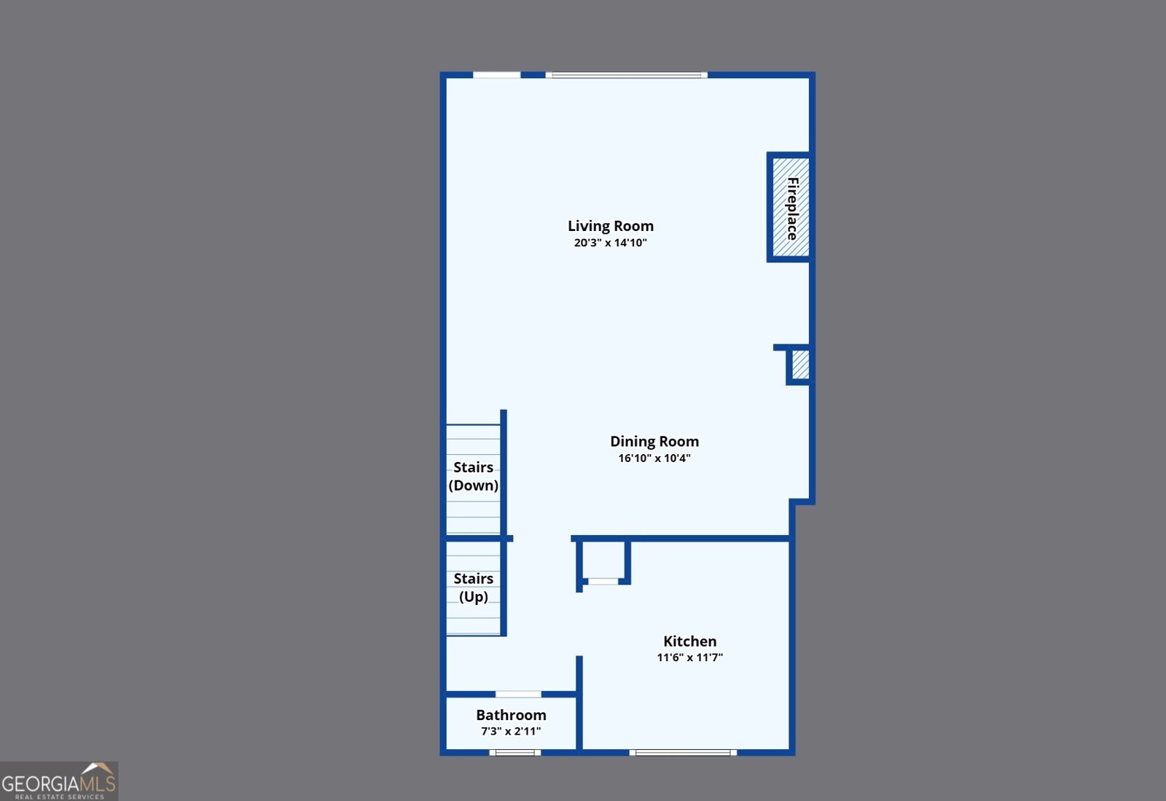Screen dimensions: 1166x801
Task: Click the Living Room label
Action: [x=610, y=226]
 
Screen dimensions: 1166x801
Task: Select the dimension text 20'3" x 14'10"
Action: [x=610, y=243]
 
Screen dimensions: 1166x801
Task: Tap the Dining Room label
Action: [x=654, y=442]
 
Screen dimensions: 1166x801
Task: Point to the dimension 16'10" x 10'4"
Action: [x=654, y=458]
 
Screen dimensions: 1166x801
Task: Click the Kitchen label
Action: [x=689, y=641]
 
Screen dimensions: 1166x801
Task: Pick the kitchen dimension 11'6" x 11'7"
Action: [x=689, y=657]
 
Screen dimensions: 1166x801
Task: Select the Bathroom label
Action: [x=511, y=714]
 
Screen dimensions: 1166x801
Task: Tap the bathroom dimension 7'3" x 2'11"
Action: [x=511, y=731]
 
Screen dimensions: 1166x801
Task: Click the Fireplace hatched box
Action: [x=791, y=207]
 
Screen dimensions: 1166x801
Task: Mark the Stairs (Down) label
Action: [x=473, y=476]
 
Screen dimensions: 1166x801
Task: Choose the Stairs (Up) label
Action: [x=473, y=587]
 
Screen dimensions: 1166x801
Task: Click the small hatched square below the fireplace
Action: [x=801, y=364]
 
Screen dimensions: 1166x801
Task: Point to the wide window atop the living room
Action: [x=626, y=76]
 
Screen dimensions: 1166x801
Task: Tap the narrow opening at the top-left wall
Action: [x=496, y=76]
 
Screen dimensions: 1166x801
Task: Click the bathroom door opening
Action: [x=518, y=695]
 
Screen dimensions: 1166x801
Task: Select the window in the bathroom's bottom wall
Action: [x=514, y=753]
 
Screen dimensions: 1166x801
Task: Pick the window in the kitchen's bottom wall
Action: [x=683, y=753]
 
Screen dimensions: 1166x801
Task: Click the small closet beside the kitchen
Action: [x=603, y=560]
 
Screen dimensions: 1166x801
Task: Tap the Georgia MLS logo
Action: [x=59, y=781]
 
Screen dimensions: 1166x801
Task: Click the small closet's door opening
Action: [x=603, y=582]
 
